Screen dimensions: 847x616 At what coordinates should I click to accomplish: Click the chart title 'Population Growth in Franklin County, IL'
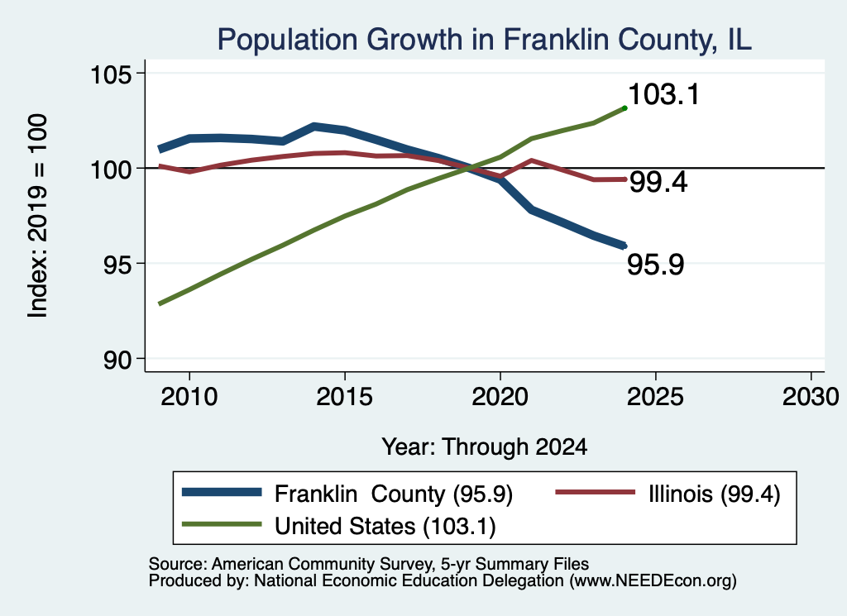click(485, 40)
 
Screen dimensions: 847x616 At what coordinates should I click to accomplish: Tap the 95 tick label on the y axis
click(117, 264)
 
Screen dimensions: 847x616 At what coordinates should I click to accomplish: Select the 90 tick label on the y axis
click(117, 360)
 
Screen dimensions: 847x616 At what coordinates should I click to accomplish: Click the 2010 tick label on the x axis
click(189, 397)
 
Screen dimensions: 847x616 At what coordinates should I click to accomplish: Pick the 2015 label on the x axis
click(345, 397)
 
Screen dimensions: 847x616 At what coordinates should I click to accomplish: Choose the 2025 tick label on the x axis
click(655, 397)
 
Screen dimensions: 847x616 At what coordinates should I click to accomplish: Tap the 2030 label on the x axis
click(811, 397)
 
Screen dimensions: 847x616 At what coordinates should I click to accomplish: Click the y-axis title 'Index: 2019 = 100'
click(37, 216)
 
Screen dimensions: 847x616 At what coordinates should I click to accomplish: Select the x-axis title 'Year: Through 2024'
click(485, 447)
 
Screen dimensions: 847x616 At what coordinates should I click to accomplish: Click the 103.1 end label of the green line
click(664, 94)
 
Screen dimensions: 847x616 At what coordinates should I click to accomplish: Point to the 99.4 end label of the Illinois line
click(659, 182)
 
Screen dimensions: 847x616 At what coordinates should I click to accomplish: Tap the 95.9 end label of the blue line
click(656, 265)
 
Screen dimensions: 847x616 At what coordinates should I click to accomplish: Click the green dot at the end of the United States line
click(625, 108)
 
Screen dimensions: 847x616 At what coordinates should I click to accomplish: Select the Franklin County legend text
click(393, 494)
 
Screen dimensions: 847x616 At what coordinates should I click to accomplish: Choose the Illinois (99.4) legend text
click(715, 494)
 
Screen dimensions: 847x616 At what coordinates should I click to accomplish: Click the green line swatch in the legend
click(222, 524)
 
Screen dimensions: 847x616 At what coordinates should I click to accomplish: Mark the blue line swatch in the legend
click(222, 492)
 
